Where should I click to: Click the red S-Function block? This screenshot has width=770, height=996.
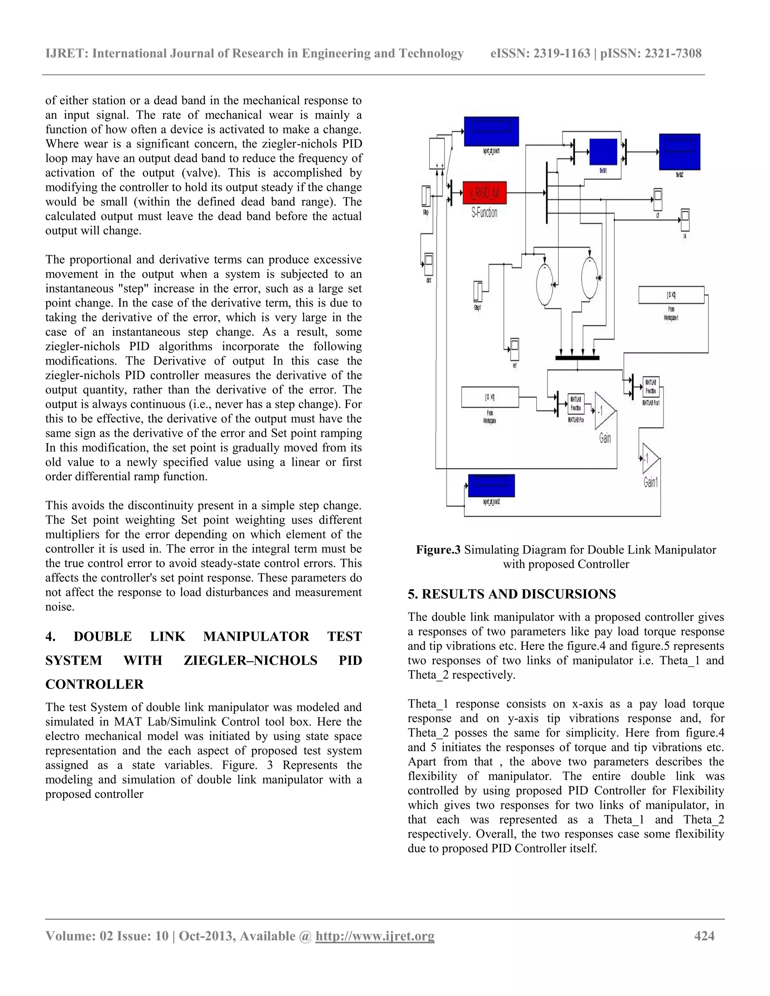(x=484, y=192)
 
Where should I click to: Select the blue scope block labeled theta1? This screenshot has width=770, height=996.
(x=603, y=152)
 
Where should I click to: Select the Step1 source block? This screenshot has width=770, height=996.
(x=477, y=291)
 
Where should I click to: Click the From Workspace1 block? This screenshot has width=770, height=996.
(x=671, y=295)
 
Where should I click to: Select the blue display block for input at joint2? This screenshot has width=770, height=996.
(x=491, y=486)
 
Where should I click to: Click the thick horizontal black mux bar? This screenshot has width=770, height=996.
(x=577, y=358)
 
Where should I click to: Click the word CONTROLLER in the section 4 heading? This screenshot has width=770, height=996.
(x=94, y=684)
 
